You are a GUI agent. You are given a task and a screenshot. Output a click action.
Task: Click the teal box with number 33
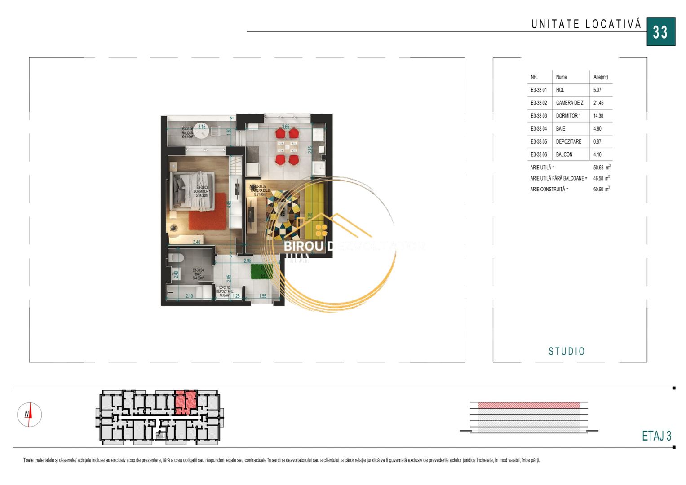click(661, 32)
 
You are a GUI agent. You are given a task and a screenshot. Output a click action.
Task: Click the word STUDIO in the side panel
click(567, 351)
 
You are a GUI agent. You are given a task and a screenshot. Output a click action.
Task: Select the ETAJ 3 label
click(656, 436)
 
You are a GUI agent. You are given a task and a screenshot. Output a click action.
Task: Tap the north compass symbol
click(29, 414)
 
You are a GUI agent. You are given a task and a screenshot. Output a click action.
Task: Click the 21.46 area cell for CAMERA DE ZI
click(598, 103)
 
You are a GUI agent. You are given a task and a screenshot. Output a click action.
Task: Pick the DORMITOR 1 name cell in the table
click(568, 116)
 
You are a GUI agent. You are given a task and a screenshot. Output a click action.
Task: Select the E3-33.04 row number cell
click(539, 129)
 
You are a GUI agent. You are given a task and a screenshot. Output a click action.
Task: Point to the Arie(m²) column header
click(601, 77)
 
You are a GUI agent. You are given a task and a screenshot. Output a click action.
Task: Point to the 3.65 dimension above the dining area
click(285, 127)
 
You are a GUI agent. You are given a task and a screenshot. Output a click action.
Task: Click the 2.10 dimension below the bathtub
click(189, 296)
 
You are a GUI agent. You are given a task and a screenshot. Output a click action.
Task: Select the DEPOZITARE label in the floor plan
click(225, 291)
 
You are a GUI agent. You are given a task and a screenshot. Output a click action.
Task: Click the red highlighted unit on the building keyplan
click(185, 402)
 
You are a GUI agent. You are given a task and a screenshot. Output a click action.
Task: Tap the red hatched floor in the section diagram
click(529, 406)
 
